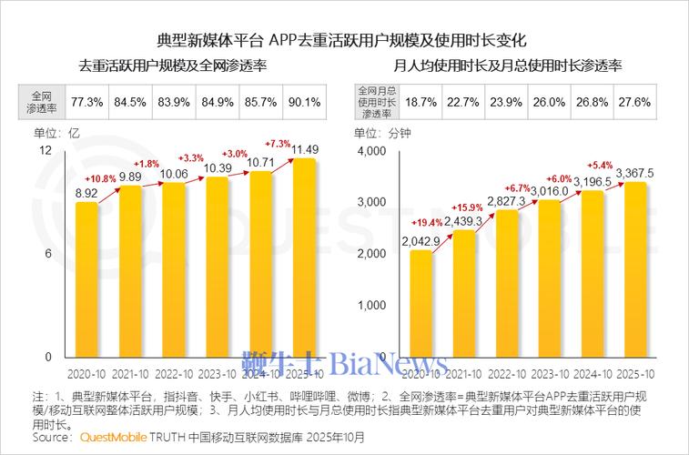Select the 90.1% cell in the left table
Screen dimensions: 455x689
(304, 102)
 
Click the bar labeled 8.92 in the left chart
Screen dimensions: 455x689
(86, 282)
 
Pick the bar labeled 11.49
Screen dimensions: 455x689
(304, 259)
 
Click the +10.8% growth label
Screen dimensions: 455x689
(101, 178)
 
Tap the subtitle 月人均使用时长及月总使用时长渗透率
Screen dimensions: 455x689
(507, 66)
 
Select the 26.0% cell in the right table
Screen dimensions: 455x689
(550, 102)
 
